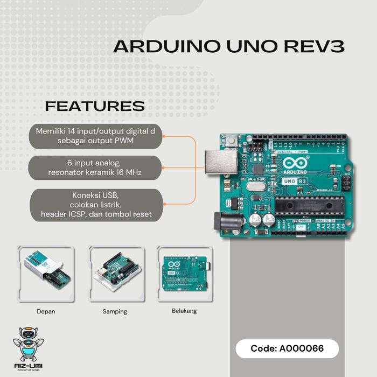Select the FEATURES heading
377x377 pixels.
(x=95, y=106)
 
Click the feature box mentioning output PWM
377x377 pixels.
(x=95, y=136)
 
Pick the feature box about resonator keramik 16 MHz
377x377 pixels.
(x=95, y=167)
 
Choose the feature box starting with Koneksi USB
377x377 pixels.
(x=95, y=204)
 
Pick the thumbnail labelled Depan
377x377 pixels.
(x=46, y=275)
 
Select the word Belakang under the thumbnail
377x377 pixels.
(x=184, y=311)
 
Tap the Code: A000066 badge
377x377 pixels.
(x=287, y=348)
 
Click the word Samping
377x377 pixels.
(x=115, y=311)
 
